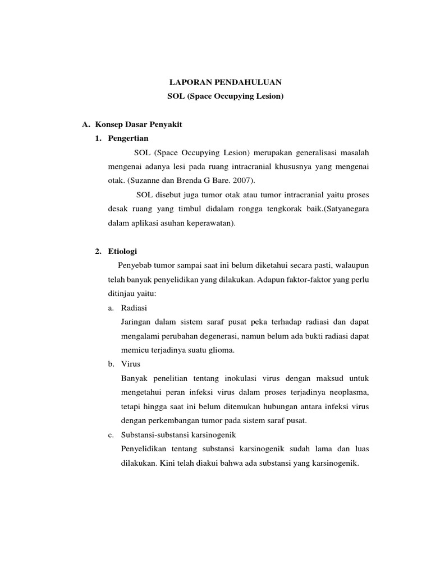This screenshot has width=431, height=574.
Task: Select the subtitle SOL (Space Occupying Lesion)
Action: (226, 96)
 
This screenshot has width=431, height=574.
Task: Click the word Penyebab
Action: (135, 265)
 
